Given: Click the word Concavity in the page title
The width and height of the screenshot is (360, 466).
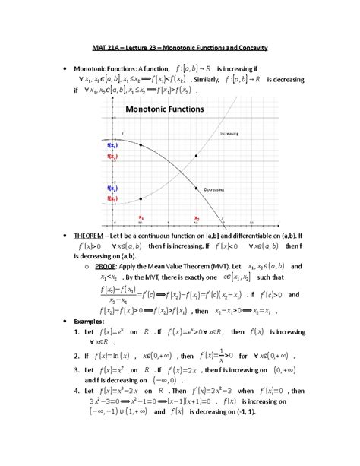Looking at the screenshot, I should [x=249, y=48].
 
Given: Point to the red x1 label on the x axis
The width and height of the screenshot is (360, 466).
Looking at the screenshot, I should [x=141, y=217].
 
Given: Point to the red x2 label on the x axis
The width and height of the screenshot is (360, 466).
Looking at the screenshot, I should [x=196, y=217].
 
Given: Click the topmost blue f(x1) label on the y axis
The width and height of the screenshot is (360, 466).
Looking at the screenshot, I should [x=110, y=144].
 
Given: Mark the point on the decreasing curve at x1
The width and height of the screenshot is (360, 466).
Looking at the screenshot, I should [x=141, y=144].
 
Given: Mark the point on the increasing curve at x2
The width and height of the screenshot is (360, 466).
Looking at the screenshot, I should [x=196, y=155].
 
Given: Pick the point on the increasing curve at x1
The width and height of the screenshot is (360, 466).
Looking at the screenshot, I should [x=141, y=199].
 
